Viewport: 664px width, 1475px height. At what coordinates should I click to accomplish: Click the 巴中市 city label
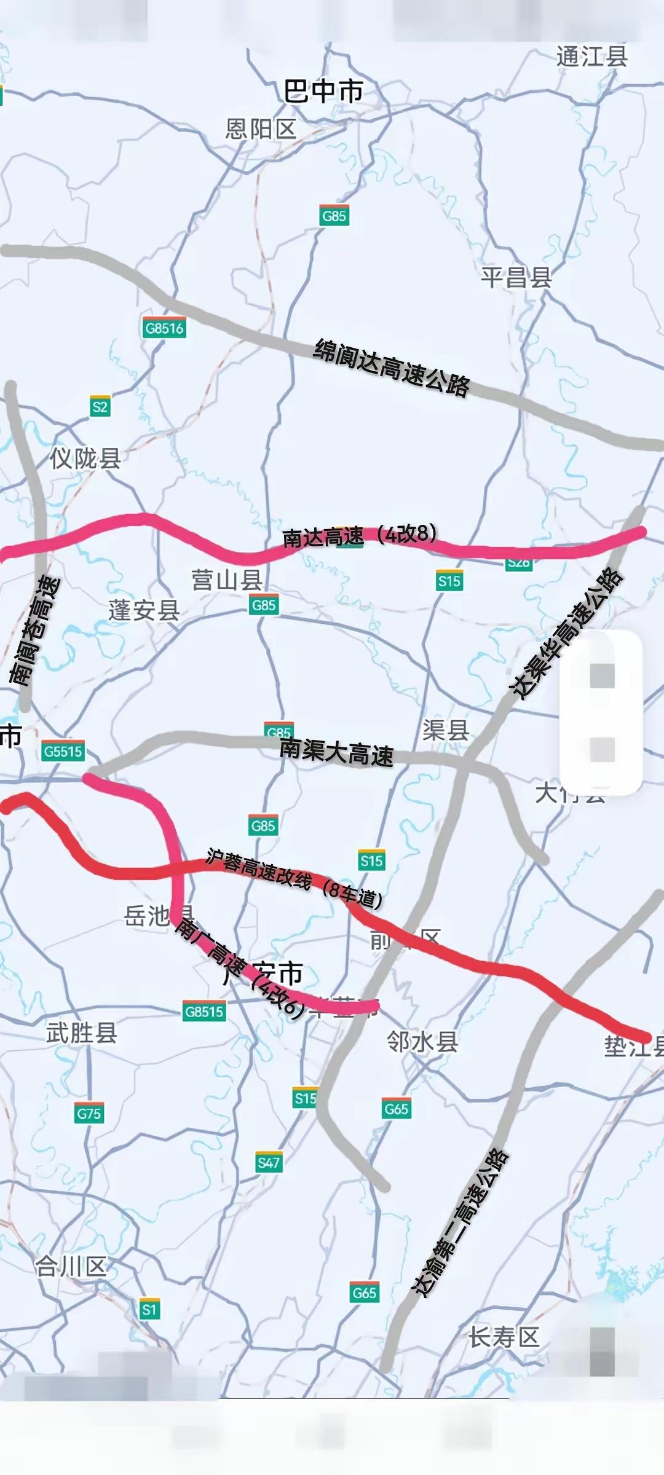pyautogui.click(x=323, y=92)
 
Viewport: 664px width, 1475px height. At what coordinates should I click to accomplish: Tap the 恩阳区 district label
pyautogui.click(x=261, y=129)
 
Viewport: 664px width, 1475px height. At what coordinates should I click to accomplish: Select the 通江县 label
pyautogui.click(x=591, y=57)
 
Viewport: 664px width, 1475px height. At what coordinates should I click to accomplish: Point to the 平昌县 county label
pyautogui.click(x=516, y=278)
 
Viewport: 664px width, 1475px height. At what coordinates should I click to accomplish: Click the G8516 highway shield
pyautogui.click(x=164, y=328)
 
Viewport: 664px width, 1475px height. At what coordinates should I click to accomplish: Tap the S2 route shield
pyautogui.click(x=100, y=406)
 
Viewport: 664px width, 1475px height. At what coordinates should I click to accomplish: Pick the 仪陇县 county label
pyautogui.click(x=85, y=458)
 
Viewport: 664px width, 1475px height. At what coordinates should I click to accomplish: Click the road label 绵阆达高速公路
pyautogui.click(x=392, y=368)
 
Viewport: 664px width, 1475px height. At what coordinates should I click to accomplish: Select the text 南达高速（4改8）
pyautogui.click(x=360, y=535)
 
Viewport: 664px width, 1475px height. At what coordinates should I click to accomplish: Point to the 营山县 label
pyautogui.click(x=227, y=580)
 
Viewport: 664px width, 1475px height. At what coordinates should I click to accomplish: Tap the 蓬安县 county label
pyautogui.click(x=144, y=610)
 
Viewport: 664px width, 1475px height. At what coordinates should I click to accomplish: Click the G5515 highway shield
pyautogui.click(x=63, y=751)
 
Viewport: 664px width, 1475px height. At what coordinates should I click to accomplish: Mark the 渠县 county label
pyautogui.click(x=446, y=730)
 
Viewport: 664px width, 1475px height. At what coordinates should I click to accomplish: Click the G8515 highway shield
pyautogui.click(x=204, y=1011)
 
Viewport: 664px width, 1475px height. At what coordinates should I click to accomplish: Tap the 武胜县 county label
pyautogui.click(x=81, y=1033)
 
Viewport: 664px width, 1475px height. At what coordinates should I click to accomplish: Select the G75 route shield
pyautogui.click(x=89, y=1113)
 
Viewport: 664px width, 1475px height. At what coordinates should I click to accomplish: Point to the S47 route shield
pyautogui.click(x=269, y=1162)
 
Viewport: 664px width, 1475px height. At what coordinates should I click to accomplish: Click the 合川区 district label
pyautogui.click(x=71, y=1267)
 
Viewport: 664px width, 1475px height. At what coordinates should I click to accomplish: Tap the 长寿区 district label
pyautogui.click(x=504, y=1337)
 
